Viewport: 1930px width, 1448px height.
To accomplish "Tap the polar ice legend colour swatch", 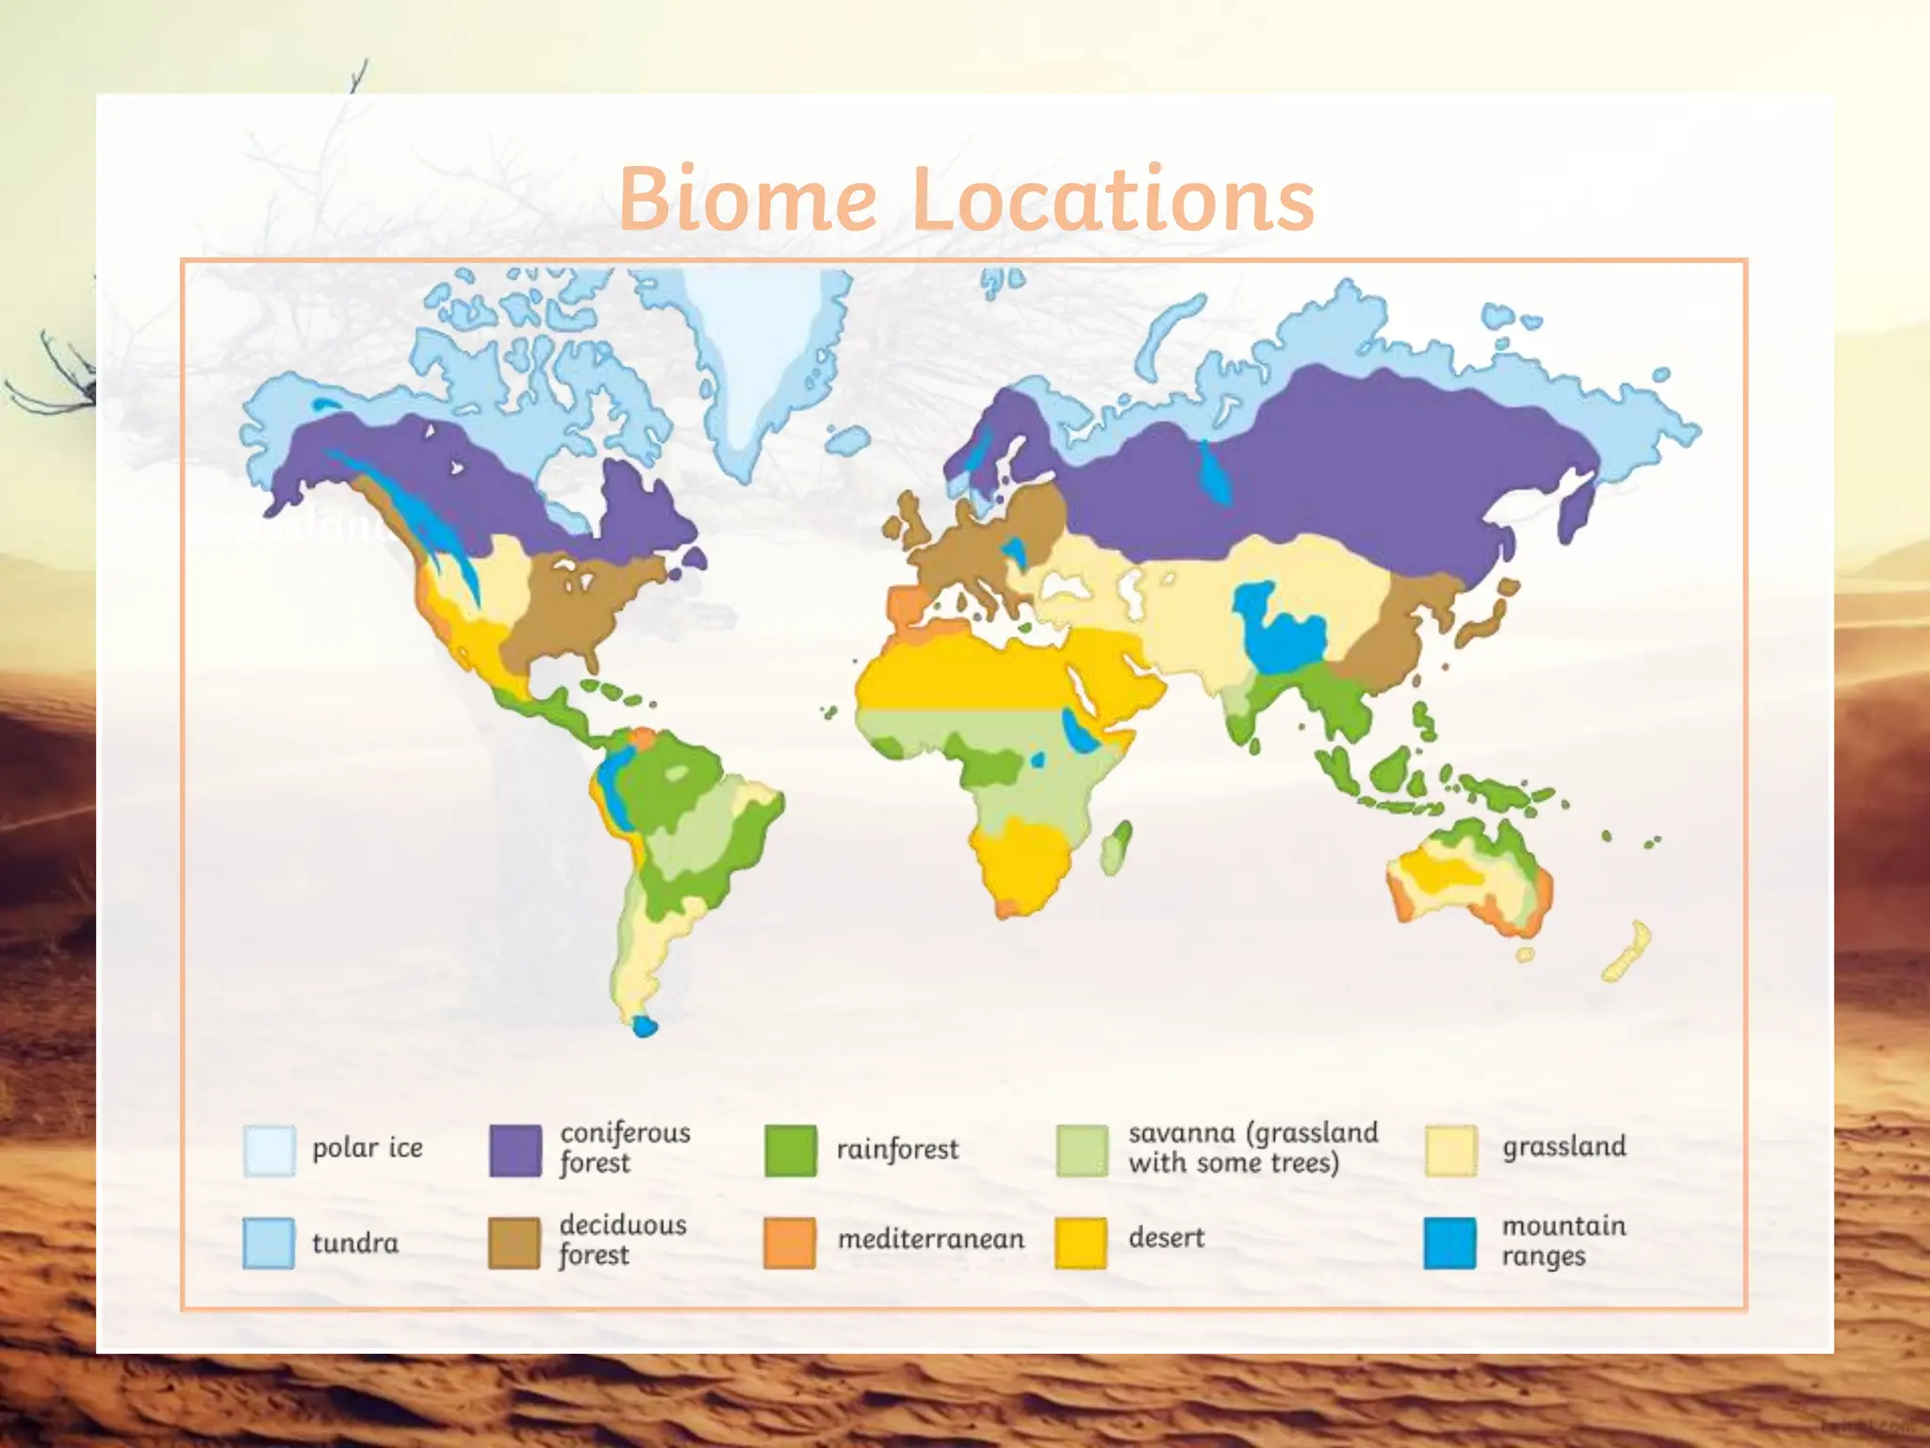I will pos(270,1150).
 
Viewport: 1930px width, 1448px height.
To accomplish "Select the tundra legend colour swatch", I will pos(270,1242).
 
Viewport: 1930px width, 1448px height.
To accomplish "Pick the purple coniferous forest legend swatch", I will pos(515,1150).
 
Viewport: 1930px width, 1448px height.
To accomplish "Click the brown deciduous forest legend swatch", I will pos(515,1242).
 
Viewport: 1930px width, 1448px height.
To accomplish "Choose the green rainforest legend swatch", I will pos(791,1150).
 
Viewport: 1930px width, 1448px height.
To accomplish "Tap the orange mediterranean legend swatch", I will pos(790,1242).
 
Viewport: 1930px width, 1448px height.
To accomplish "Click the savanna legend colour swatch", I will pos(1082,1150).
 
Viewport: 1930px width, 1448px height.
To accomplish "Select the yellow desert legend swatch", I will pos(1081,1242).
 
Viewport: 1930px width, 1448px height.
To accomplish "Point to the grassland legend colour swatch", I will pos(1451,1150).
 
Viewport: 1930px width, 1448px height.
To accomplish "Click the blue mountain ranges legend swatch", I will pos(1450,1242).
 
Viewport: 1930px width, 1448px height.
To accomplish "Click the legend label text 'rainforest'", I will pos(897,1149).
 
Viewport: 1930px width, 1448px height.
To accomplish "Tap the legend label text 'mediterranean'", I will pos(931,1239).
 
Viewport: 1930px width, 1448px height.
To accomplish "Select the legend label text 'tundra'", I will pos(355,1243).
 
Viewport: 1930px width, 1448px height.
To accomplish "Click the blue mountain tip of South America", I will pos(645,1026).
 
